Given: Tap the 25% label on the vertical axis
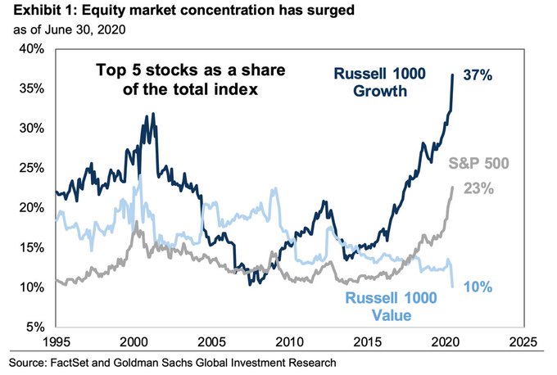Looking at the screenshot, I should [x=33, y=169].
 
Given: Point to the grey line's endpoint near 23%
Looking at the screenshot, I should [x=453, y=187].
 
